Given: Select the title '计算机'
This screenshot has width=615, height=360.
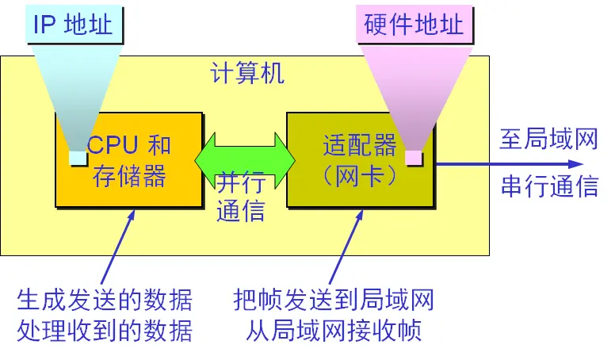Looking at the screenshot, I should click(x=246, y=73).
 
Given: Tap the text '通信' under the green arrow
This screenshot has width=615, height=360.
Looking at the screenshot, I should click(x=241, y=212).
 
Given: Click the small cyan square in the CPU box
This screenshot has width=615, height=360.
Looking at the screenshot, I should click(x=78, y=159).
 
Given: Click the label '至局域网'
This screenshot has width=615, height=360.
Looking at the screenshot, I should click(x=548, y=140).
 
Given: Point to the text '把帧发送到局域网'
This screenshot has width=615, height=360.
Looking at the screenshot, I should click(x=334, y=301).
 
